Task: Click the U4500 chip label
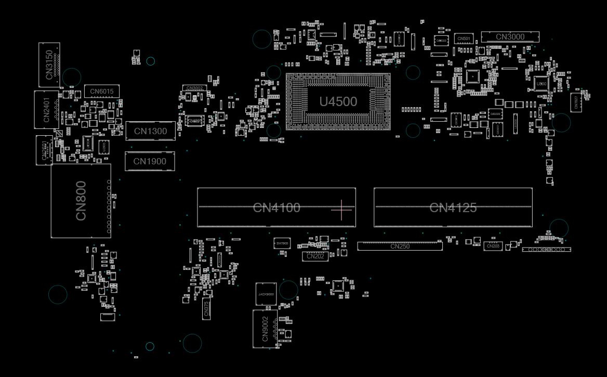click(338, 101)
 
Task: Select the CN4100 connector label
click(276, 208)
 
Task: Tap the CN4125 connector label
click(453, 208)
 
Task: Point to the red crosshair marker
click(341, 210)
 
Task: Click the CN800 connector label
click(81, 201)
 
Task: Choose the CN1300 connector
click(150, 131)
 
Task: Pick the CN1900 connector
click(150, 161)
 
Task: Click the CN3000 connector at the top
click(510, 37)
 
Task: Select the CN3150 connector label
click(49, 64)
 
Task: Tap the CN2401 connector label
click(47, 110)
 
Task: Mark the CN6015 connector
click(101, 92)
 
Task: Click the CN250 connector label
click(400, 246)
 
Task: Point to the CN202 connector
click(315, 256)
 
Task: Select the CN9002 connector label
click(265, 329)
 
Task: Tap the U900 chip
click(541, 84)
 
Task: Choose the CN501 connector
click(464, 38)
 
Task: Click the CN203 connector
click(493, 246)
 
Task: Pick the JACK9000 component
click(266, 294)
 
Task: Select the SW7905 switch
click(282, 243)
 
